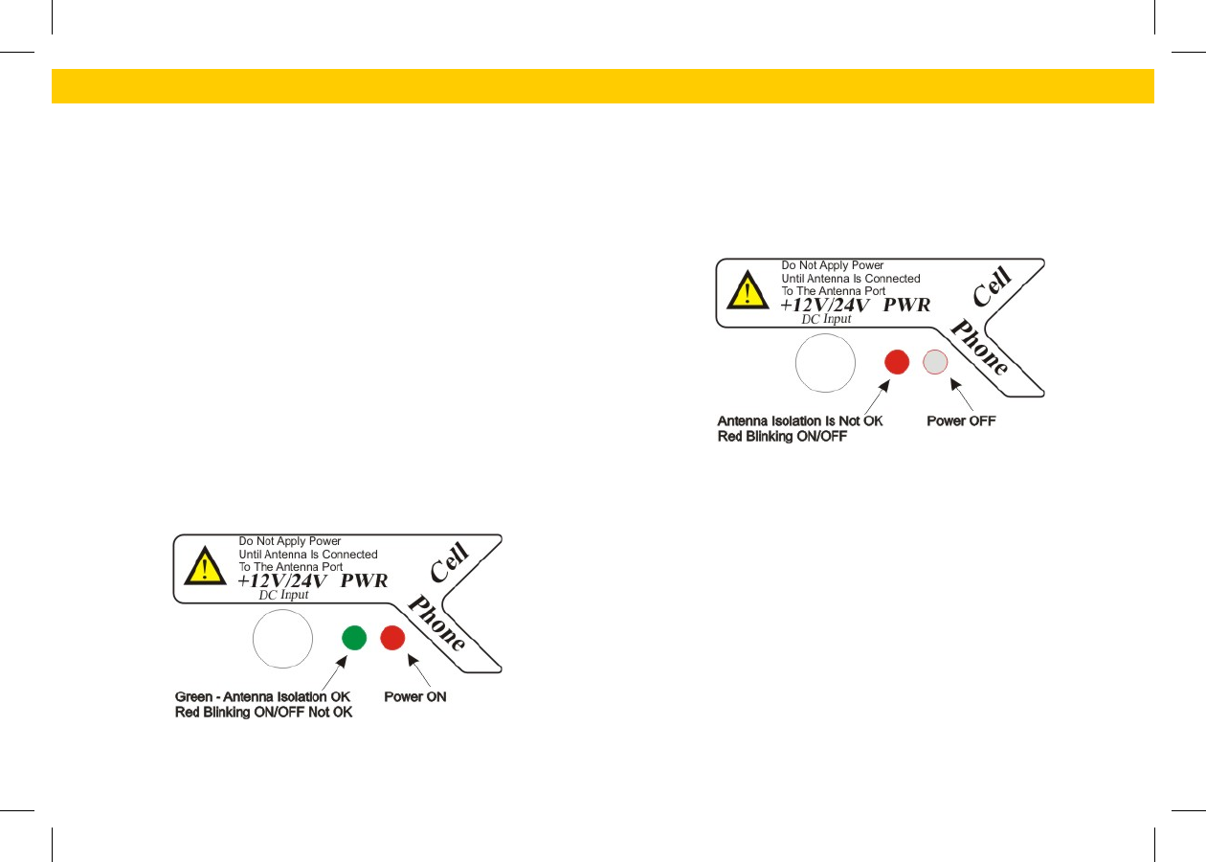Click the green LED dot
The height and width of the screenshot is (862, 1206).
click(354, 638)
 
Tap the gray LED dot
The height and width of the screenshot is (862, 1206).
click(934, 362)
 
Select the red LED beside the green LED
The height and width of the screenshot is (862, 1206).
click(392, 638)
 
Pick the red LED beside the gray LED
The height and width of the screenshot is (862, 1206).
click(897, 362)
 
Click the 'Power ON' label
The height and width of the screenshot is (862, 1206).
click(415, 696)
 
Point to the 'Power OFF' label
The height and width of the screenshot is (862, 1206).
click(961, 421)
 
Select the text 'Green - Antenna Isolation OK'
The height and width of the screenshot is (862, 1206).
click(262, 696)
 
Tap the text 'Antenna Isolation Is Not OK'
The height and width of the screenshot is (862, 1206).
click(800, 421)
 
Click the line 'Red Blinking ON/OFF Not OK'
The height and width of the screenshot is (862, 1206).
click(263, 713)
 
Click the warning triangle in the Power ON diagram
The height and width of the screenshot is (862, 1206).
click(204, 566)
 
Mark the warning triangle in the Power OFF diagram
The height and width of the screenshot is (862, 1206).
click(747, 290)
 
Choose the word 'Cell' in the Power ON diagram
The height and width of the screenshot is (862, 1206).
click(449, 563)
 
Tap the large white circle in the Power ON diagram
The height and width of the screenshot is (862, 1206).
click(282, 639)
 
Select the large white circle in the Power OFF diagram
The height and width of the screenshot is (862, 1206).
click(826, 363)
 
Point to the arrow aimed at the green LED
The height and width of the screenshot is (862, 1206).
click(329, 670)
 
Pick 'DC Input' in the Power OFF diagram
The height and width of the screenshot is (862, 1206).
click(826, 319)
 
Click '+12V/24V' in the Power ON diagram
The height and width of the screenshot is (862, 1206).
click(282, 580)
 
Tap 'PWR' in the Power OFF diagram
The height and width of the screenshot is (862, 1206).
click(906, 305)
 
